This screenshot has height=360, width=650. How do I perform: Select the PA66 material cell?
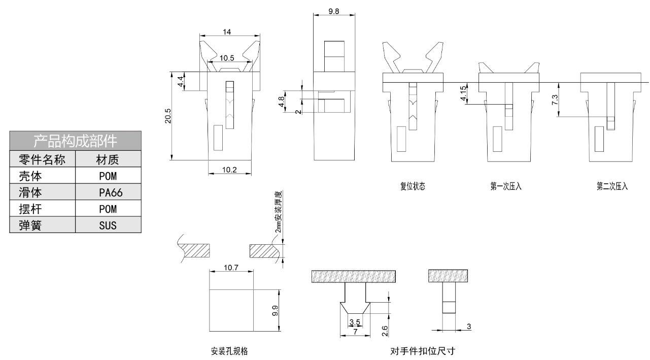click(x=108, y=192)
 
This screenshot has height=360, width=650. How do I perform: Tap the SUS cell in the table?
click(x=108, y=225)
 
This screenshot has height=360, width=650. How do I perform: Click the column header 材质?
click(x=108, y=160)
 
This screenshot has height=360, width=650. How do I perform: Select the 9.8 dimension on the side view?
click(x=334, y=11)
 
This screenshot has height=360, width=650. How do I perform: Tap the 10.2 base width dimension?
click(x=230, y=170)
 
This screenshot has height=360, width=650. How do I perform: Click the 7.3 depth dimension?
click(x=555, y=100)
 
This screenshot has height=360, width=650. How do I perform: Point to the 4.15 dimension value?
click(x=463, y=94)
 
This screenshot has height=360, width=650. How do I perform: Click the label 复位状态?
click(x=413, y=186)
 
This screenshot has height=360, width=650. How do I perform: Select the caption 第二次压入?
click(x=612, y=186)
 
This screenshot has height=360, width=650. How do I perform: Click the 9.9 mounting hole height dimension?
click(x=275, y=311)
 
